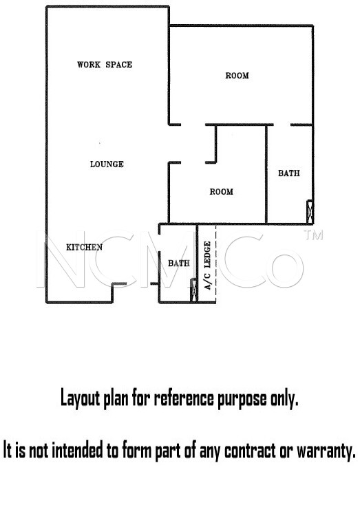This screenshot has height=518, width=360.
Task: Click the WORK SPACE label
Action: (105, 65)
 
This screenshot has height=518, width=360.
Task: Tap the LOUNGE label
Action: (107, 164)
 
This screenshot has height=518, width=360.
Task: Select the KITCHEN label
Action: (84, 247)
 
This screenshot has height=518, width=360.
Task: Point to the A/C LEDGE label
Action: (208, 266)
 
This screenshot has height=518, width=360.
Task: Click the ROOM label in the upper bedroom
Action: (237, 76)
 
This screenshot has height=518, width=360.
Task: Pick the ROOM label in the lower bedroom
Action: (222, 192)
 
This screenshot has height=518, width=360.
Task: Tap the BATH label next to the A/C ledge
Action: (179, 263)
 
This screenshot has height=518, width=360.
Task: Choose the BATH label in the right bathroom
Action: (289, 173)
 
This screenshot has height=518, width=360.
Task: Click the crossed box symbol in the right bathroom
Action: (310, 212)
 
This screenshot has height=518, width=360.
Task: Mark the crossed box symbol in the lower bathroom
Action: (193, 290)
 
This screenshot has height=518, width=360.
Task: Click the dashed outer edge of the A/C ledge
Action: (216, 263)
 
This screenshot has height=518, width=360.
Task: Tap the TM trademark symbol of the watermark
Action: (313, 235)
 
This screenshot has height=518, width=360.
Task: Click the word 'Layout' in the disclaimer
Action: (80, 398)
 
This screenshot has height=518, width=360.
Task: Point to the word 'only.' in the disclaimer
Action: (284, 398)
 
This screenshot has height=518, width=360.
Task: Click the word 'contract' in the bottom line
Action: (250, 451)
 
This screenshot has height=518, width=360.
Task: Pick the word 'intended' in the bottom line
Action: (78, 450)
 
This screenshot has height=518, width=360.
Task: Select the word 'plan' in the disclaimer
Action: (116, 399)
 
